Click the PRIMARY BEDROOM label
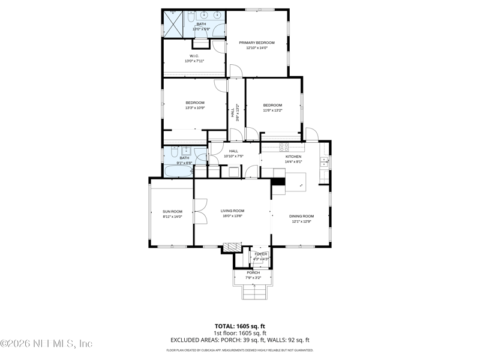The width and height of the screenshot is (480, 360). [x=257, y=43]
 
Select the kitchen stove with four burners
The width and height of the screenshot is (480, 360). [x=284, y=146]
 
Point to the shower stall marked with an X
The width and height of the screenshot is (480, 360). [x=173, y=23]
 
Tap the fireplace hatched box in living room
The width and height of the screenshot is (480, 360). [x=231, y=247]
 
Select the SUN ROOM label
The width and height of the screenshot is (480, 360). [x=172, y=211]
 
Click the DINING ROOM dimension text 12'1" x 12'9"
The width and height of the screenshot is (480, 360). [x=302, y=221]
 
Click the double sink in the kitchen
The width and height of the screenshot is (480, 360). [x=324, y=159]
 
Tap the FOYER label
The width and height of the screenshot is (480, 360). [x=260, y=254]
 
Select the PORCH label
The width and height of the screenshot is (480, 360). [x=253, y=272]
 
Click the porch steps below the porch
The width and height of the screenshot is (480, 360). [x=253, y=292]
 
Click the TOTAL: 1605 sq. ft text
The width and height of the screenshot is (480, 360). [x=240, y=326]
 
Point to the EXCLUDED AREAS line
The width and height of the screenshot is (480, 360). [x=240, y=340]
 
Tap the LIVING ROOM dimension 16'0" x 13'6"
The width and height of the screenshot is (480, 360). [x=232, y=216]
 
